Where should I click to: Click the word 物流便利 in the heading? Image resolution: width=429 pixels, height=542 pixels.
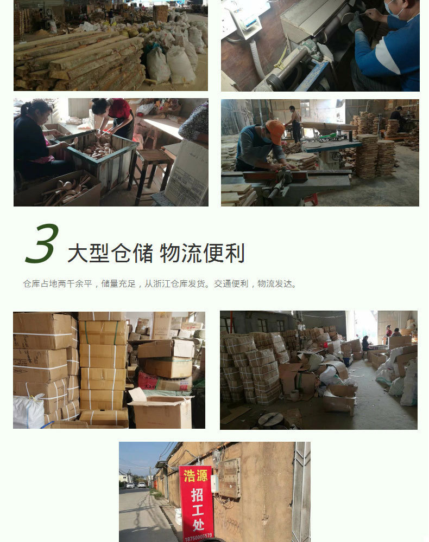point(203,253)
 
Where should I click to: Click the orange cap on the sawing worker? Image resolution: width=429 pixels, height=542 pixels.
point(275,131)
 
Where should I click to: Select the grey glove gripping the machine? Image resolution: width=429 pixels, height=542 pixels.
point(356,23)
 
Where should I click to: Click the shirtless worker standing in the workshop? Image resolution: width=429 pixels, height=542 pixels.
point(295,122)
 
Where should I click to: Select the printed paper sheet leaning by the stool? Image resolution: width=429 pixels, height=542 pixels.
point(187,172)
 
